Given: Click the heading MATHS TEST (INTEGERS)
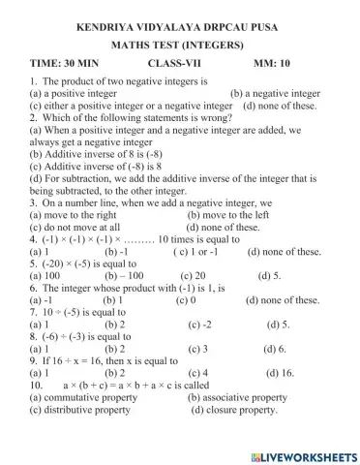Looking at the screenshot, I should (182, 44).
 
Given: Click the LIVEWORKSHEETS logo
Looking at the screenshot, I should (303, 455).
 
